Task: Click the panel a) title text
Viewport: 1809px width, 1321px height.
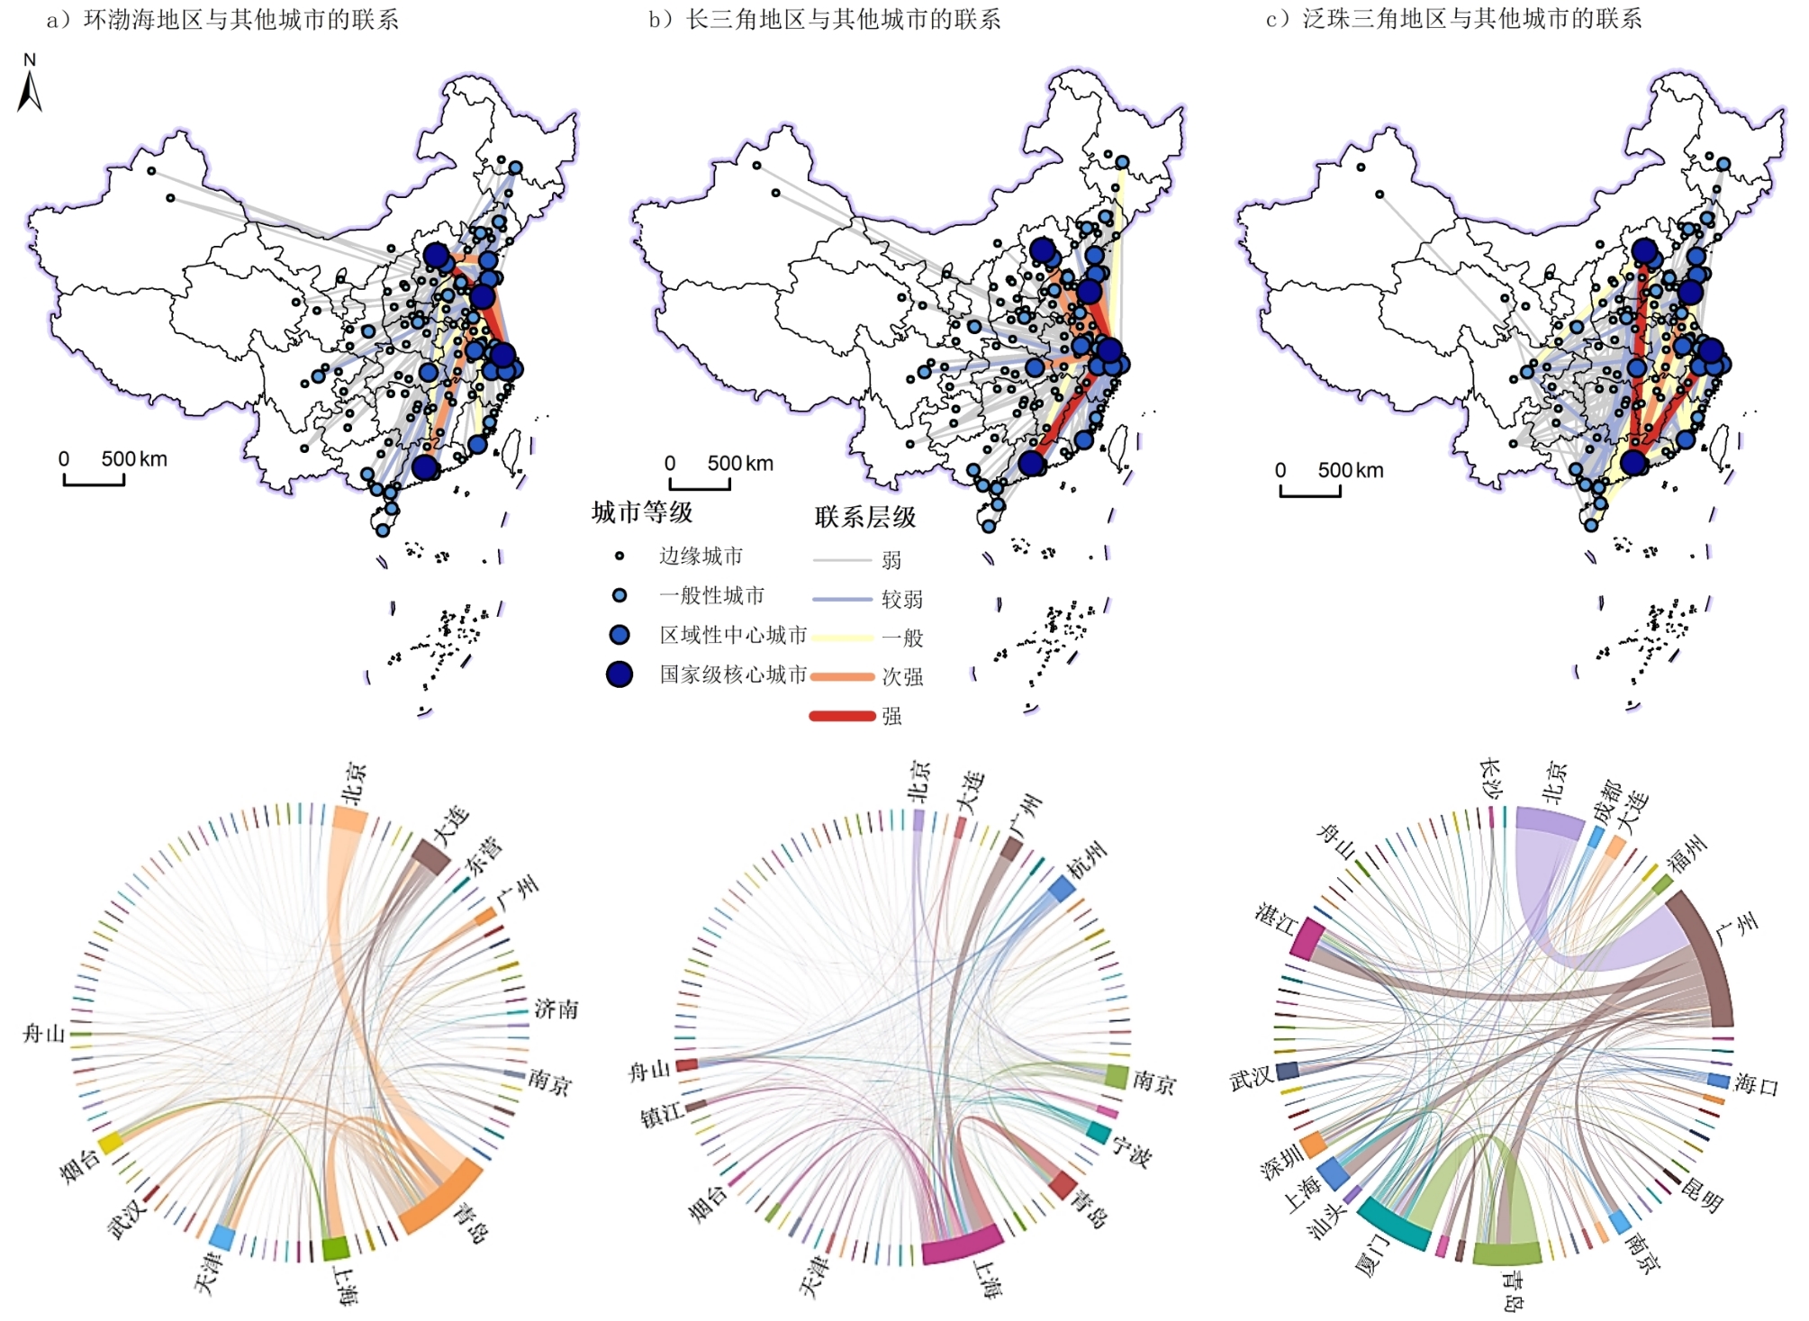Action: (222, 20)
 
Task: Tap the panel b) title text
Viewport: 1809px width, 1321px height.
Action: (825, 19)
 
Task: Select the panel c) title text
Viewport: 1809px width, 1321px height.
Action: (1454, 18)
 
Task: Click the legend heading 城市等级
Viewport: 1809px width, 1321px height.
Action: (642, 512)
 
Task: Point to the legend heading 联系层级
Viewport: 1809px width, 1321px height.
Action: (865, 517)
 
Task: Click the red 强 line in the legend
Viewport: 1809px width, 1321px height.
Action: (843, 716)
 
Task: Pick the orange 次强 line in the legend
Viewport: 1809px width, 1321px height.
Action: (843, 676)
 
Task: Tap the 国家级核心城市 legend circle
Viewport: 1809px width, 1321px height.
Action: (620, 674)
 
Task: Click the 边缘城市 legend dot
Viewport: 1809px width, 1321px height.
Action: (620, 556)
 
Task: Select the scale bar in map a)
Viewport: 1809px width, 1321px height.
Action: (94, 478)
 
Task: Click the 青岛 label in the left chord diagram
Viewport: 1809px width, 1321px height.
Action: (472, 1221)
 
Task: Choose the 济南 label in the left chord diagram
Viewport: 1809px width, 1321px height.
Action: (556, 1009)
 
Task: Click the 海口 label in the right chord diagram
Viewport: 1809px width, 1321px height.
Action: (1757, 1084)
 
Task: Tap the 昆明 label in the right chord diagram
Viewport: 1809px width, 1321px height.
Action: (1702, 1194)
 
